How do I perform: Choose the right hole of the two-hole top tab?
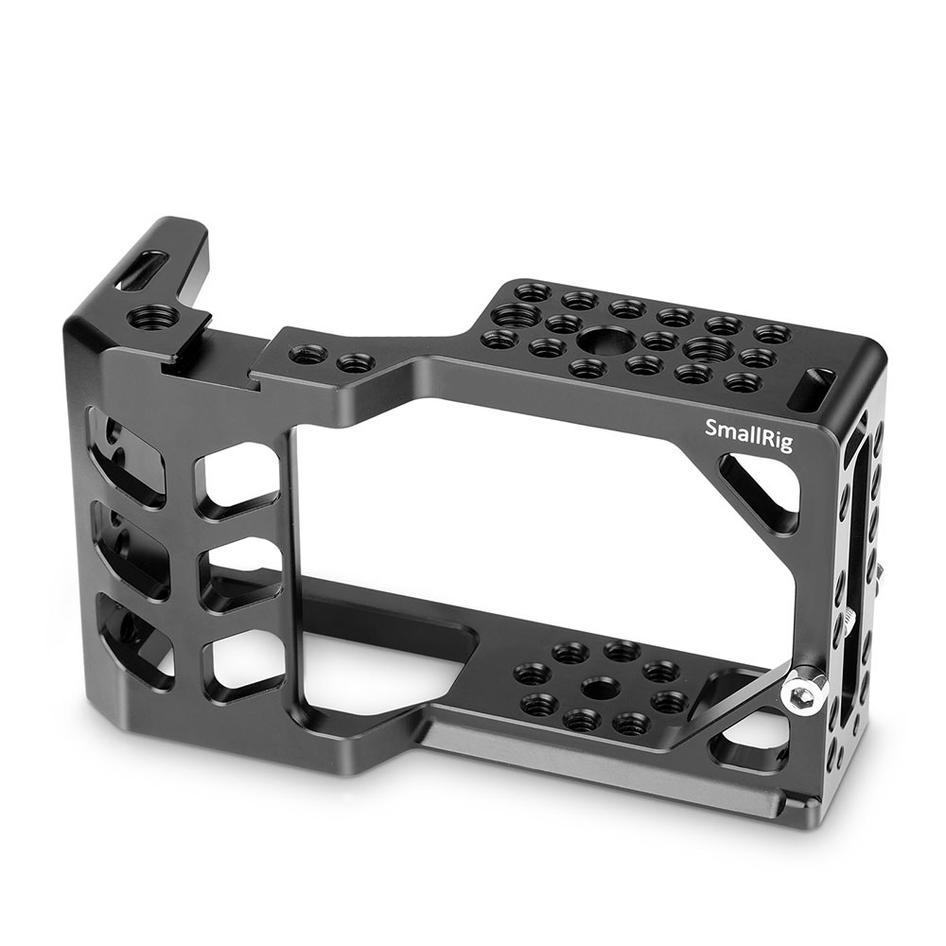point(351,363)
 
